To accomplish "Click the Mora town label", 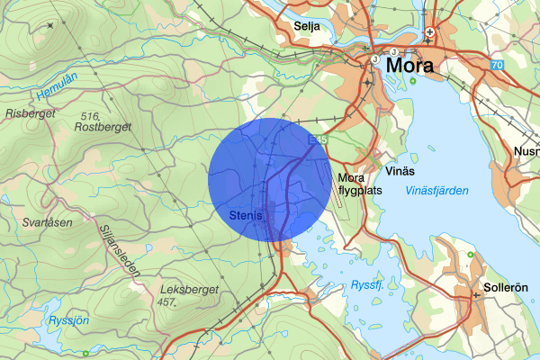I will (409, 66).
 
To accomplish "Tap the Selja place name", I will (308, 26).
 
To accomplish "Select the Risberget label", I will (30, 114).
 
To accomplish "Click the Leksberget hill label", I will (184, 290).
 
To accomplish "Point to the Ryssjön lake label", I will (68, 319).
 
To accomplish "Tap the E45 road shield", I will (316, 141).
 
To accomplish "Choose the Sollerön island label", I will (504, 291).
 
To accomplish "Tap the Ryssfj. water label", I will (367, 284).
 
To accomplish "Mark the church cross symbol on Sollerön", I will (476, 294).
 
